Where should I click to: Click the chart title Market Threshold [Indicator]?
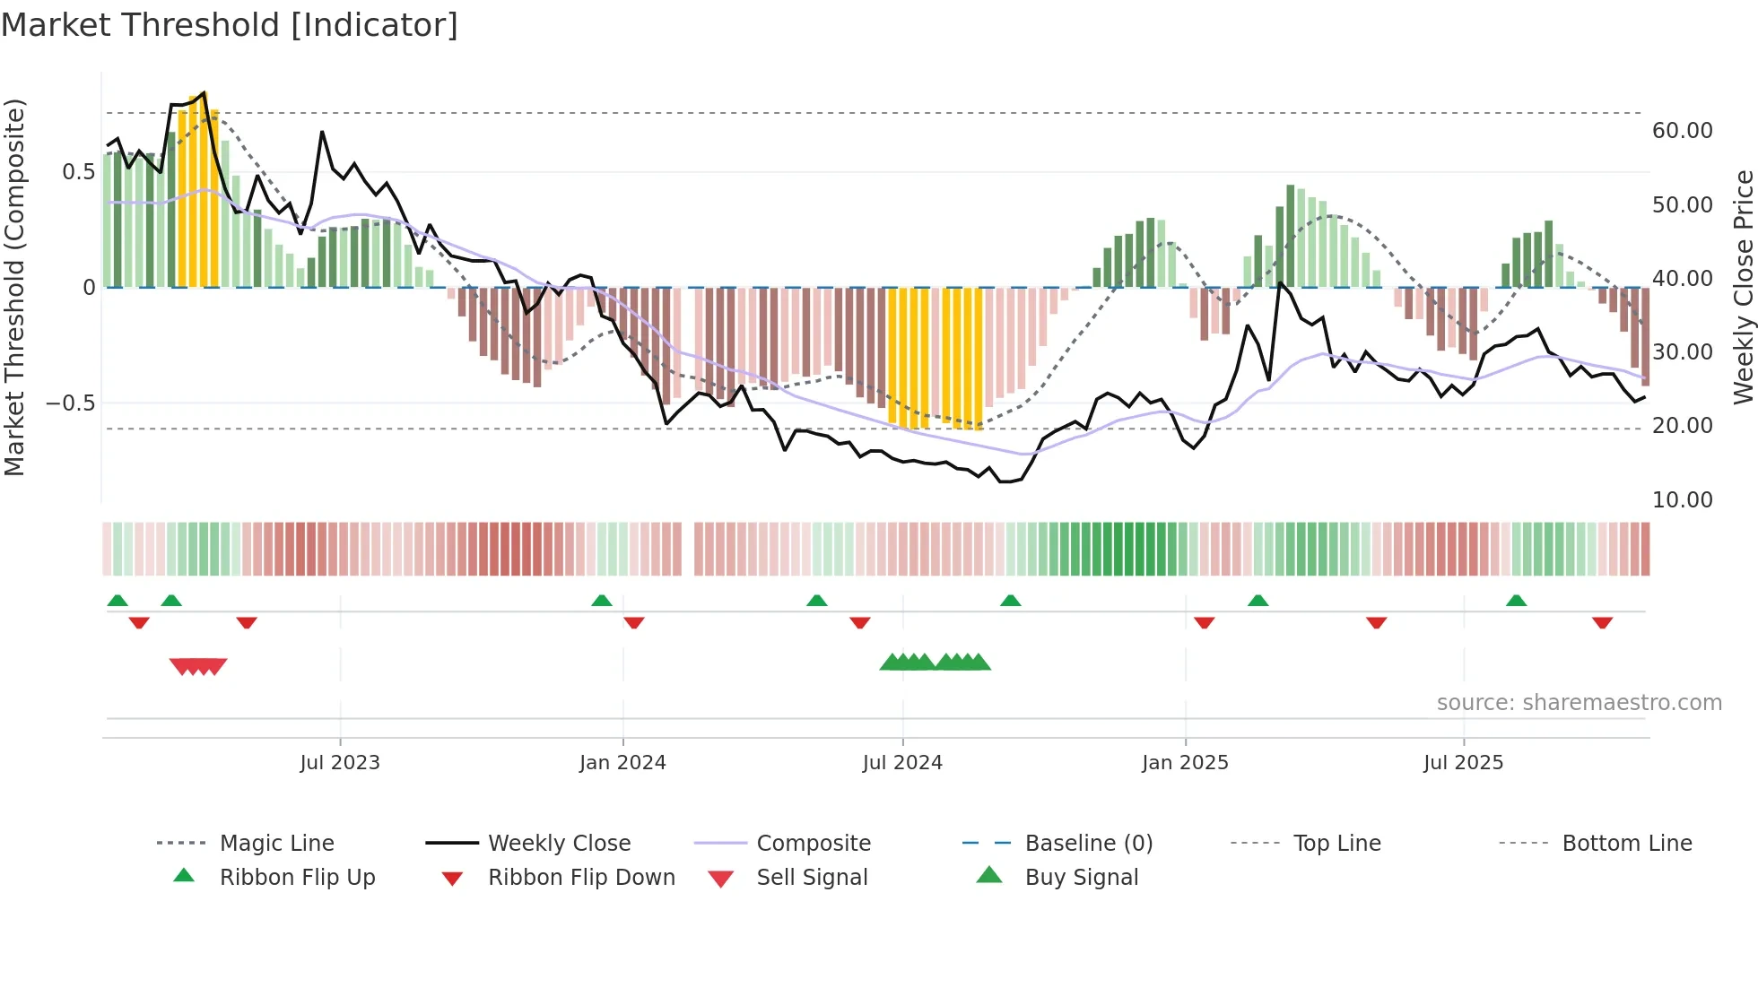click(x=230, y=25)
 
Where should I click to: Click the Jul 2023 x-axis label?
click(x=340, y=763)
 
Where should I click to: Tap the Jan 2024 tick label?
click(x=622, y=763)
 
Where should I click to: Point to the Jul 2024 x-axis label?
click(x=902, y=763)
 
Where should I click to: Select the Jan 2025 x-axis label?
click(x=1185, y=763)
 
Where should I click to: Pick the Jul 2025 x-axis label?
click(x=1463, y=763)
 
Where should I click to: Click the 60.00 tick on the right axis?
click(x=1682, y=131)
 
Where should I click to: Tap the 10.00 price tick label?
click(x=1682, y=500)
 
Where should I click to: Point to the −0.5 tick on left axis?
click(x=70, y=403)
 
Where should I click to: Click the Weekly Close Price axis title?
click(x=1743, y=287)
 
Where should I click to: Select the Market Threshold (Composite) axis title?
click(x=14, y=287)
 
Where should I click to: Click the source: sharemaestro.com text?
click(x=1579, y=703)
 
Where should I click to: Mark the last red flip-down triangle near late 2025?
click(x=1602, y=622)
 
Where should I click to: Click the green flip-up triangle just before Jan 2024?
click(x=602, y=601)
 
